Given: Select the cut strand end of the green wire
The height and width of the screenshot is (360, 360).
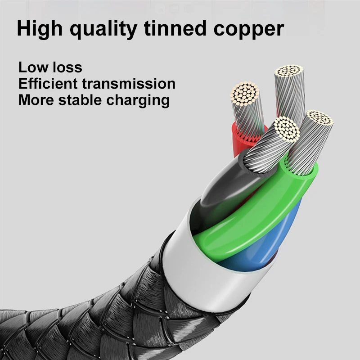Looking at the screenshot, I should coord(318,118).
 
